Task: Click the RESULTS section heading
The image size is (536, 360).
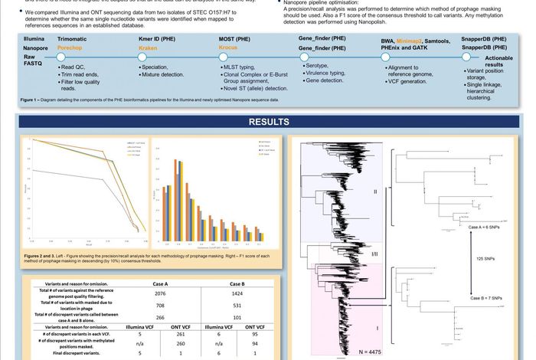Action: pos(267,122)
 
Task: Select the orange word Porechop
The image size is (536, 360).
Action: pos(75,47)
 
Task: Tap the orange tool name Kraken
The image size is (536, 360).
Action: pos(151,47)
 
